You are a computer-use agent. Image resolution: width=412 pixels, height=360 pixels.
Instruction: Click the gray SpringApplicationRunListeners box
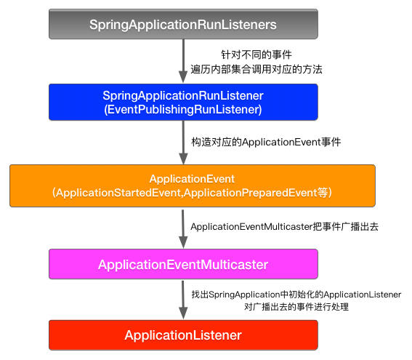[182, 25]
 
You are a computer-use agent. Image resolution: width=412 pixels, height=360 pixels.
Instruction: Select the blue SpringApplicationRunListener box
[182, 102]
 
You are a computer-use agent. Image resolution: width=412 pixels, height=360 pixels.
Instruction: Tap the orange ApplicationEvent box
[192, 185]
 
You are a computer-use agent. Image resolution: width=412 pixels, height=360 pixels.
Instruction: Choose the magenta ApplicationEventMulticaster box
[182, 264]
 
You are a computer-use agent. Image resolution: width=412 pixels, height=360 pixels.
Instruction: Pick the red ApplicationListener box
[182, 335]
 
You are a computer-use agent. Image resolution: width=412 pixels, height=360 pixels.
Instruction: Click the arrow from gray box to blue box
[182, 61]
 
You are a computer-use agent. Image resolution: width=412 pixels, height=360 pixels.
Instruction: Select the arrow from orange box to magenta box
[182, 227]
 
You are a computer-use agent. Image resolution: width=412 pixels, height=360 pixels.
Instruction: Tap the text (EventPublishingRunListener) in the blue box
[182, 109]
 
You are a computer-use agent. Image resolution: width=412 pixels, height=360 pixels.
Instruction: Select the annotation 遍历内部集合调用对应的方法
[256, 69]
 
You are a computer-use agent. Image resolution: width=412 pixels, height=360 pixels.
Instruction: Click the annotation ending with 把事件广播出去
[284, 227]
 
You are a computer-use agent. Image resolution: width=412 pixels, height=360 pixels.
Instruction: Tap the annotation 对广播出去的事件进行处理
[296, 307]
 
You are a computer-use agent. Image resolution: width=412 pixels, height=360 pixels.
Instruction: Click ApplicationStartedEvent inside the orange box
[113, 192]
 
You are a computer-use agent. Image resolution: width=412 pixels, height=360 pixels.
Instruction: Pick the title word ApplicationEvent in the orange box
[192, 178]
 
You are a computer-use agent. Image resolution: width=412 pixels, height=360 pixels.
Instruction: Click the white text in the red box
[182, 335]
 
